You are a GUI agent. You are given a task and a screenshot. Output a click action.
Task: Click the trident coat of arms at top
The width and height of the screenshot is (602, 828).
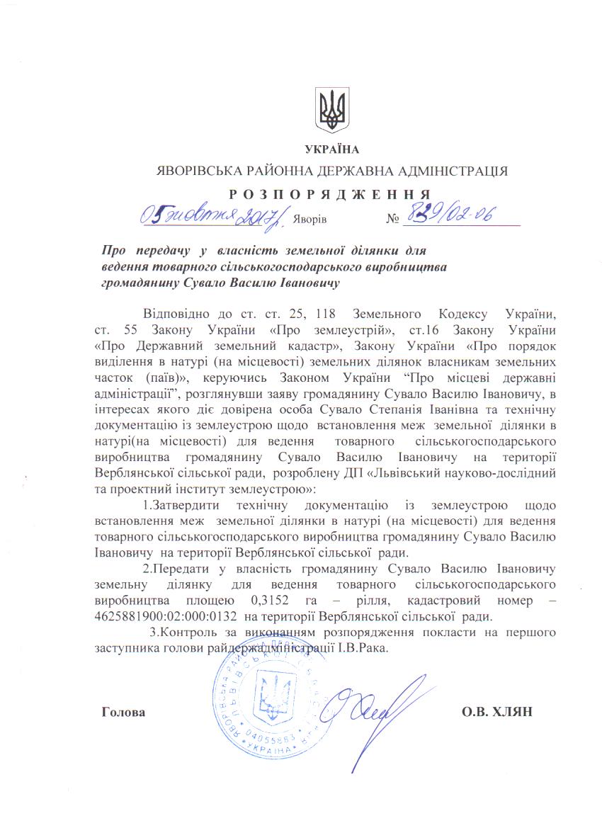pyautogui.click(x=331, y=110)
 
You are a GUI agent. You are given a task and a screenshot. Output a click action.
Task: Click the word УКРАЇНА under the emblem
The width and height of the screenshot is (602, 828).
pyautogui.click(x=331, y=149)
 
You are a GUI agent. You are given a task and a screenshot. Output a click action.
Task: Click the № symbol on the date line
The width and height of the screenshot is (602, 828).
pyautogui.click(x=393, y=218)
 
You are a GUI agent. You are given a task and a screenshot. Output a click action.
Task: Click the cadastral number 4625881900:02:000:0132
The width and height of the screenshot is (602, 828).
pyautogui.click(x=164, y=616)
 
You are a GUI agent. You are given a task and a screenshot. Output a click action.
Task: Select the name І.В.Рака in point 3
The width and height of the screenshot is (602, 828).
pyautogui.click(x=364, y=648)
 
